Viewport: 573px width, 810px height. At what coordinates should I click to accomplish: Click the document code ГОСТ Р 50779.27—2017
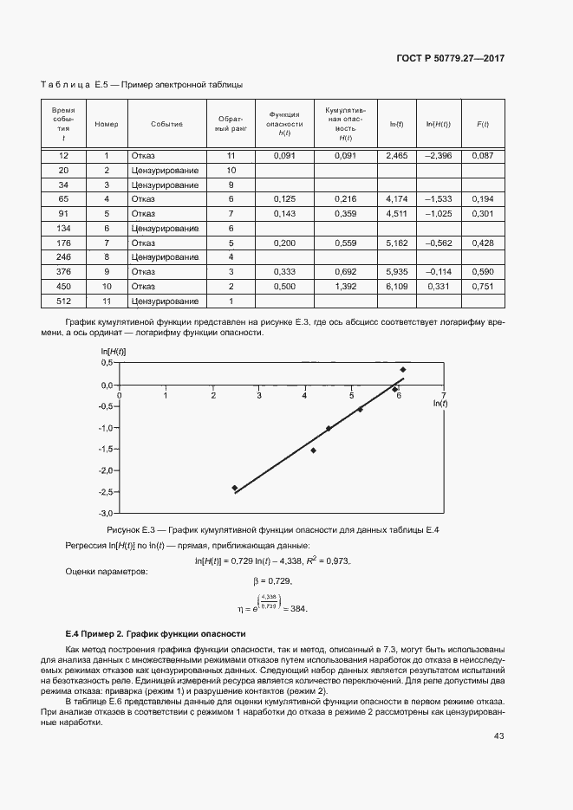(450, 58)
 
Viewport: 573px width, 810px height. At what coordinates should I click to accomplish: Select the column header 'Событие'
(166, 124)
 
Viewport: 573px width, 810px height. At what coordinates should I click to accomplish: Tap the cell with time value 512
(63, 301)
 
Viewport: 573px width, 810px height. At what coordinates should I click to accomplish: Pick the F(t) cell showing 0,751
(482, 286)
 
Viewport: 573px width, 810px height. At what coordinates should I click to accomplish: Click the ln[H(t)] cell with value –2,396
(439, 155)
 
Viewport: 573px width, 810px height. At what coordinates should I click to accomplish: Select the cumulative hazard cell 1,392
(345, 286)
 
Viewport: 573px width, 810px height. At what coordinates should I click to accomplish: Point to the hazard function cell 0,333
(284, 271)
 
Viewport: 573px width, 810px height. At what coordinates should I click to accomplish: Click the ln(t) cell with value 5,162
(396, 243)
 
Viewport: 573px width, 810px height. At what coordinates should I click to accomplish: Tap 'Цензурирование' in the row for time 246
(166, 257)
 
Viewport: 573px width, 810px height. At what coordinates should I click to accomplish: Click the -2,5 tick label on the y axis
(106, 492)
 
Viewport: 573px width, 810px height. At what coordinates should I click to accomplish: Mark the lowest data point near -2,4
(234, 488)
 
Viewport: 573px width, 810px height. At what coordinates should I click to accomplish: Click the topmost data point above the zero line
(402, 370)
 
